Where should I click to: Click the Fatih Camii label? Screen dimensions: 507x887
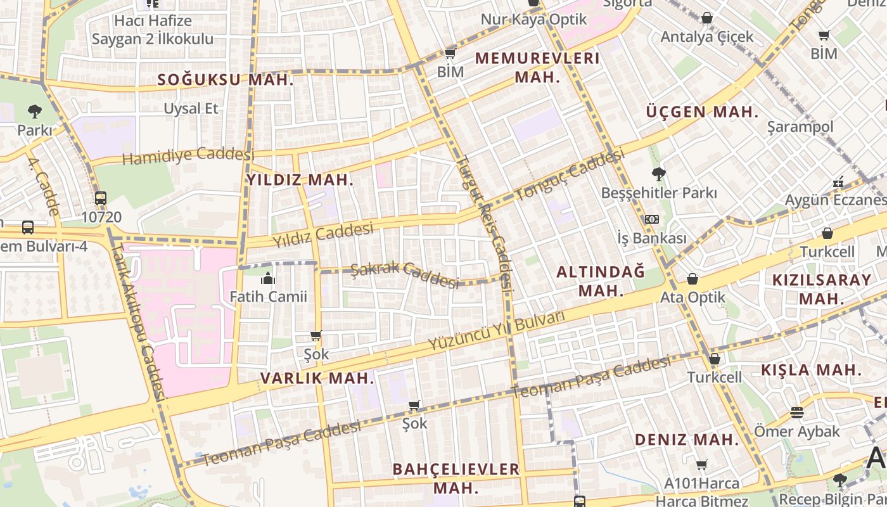pos(268,296)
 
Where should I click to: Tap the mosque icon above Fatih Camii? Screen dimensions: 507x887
pos(268,278)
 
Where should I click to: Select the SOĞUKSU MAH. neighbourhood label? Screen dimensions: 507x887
pos(225,80)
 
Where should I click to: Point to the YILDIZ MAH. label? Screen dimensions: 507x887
pos(300,180)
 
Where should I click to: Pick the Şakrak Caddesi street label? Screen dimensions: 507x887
pos(404,274)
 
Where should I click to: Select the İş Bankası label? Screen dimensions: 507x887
pos(652,238)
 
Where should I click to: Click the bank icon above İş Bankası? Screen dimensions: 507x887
pos(651,219)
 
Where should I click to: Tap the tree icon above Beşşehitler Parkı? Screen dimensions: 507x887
pos(659,174)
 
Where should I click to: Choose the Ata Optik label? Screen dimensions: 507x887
pos(692,297)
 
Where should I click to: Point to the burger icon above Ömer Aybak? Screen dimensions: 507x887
pos(797,413)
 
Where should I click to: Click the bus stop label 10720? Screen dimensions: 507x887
pos(101,217)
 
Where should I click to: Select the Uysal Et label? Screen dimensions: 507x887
pos(191,108)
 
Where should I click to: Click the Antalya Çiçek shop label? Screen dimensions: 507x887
pos(707,36)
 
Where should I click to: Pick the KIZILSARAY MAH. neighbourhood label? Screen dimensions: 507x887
pos(822,289)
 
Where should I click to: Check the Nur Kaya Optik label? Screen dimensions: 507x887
pos(533,19)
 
